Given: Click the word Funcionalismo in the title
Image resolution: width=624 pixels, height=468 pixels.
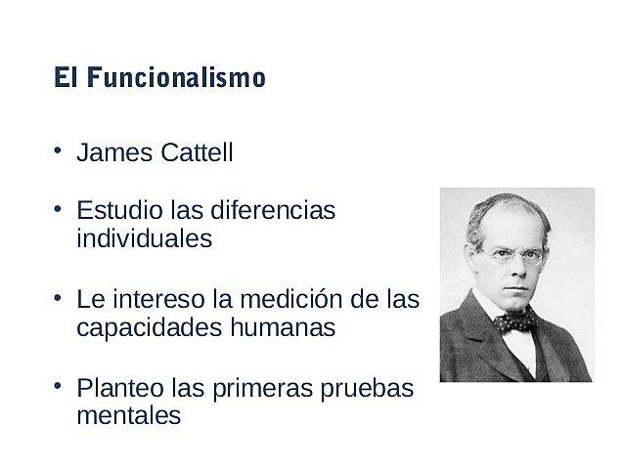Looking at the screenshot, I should [x=176, y=78].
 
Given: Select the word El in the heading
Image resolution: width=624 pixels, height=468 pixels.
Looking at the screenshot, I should [x=67, y=78].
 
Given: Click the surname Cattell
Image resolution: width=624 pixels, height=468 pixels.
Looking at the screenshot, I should [x=199, y=153].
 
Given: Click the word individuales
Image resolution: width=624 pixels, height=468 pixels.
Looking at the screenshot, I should [x=144, y=238].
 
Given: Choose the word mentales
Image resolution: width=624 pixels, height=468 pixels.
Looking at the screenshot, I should [x=128, y=415].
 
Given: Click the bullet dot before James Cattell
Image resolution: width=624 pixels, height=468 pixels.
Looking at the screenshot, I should [x=59, y=150].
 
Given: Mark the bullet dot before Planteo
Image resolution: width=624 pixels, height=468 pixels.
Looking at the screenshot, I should [x=59, y=385].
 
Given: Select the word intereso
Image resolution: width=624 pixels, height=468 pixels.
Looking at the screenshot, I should [x=144, y=299].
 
